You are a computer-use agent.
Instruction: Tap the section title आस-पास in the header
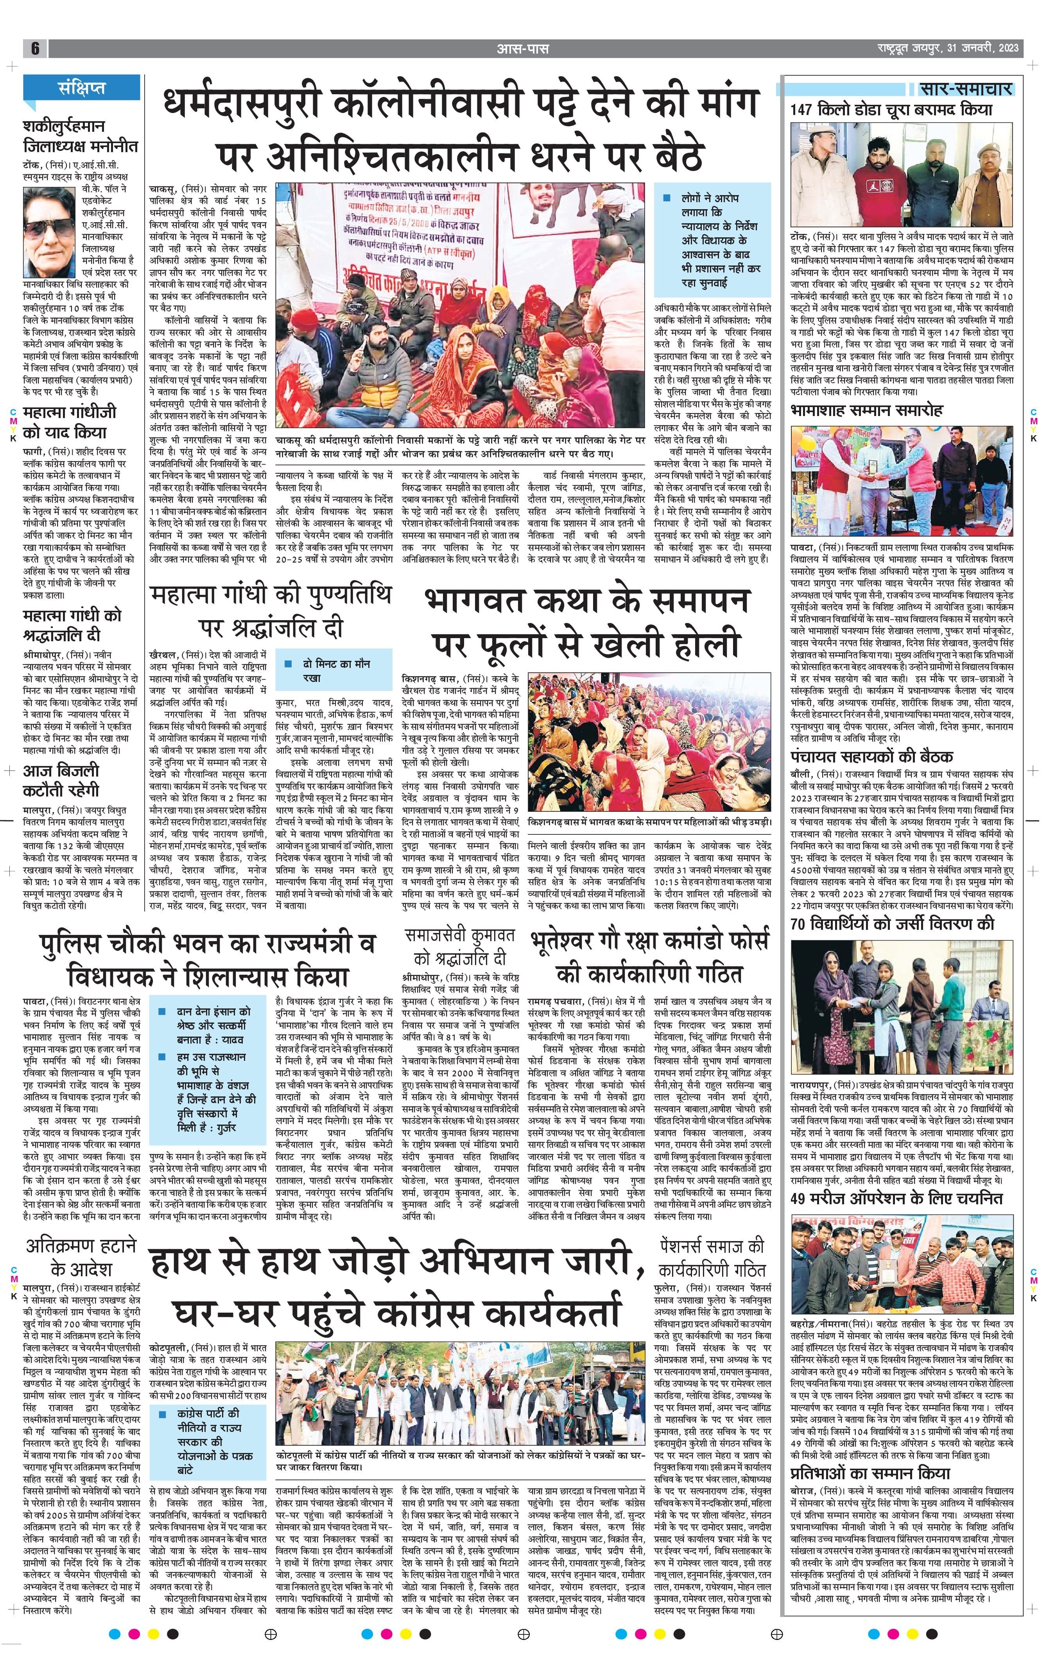pos(522,48)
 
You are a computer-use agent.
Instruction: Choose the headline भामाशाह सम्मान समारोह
pos(867,410)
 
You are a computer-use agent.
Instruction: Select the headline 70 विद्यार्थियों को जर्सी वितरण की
pos(892,924)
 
